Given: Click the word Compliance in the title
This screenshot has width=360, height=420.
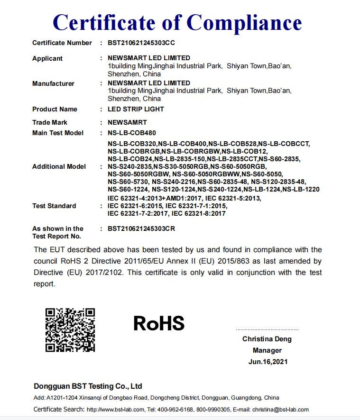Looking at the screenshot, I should point(244,23).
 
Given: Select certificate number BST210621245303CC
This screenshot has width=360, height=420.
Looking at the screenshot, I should point(141,43).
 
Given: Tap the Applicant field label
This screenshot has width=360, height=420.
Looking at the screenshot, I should point(47,59).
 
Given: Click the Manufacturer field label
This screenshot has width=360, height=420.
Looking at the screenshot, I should point(53,84).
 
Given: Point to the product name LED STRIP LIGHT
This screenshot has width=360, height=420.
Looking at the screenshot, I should point(136,110).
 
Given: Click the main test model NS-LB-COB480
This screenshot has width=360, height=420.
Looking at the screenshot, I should point(131,133).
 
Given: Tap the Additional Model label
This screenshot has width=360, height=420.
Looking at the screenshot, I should point(59,167).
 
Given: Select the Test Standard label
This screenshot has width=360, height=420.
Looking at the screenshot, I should point(54,206).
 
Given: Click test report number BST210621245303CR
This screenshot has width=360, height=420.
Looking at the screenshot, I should point(141,229).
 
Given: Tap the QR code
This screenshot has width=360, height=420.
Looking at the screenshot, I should point(70,330).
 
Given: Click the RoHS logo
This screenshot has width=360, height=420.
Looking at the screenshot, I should point(159,323).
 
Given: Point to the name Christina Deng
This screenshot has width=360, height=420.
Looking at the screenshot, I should point(267,339).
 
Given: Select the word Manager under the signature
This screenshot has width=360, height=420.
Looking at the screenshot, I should point(267,351).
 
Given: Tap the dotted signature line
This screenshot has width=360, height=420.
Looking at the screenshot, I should point(267,329).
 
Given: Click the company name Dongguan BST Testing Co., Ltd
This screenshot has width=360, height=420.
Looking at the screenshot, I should point(88,386).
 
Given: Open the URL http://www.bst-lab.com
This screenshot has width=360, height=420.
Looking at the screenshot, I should point(115,410).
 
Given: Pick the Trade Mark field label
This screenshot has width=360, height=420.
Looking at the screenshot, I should point(50,123).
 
